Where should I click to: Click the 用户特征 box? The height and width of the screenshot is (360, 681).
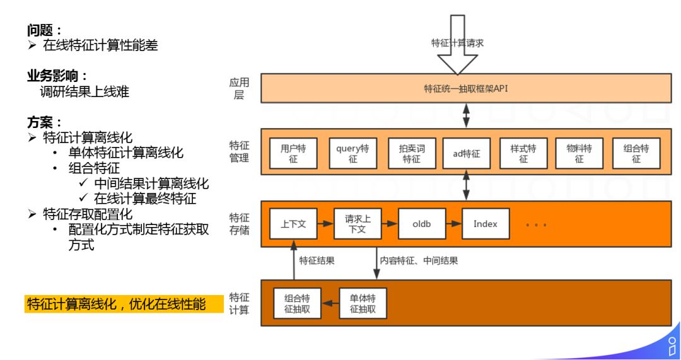[x=293, y=153]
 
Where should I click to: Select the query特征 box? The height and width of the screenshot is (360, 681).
[x=352, y=153]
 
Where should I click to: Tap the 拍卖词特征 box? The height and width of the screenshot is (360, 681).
[x=412, y=153]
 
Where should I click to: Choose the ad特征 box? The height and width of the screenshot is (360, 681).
[x=467, y=153]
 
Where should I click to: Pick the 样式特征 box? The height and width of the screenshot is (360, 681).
[x=523, y=153]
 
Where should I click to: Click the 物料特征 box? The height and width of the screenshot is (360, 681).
[x=579, y=153]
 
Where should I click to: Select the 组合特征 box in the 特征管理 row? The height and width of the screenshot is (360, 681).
[x=636, y=153]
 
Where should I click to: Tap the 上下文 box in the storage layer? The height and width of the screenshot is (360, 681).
[x=293, y=224]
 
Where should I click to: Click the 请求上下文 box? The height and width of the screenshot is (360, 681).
[x=358, y=224]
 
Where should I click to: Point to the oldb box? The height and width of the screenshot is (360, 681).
[x=421, y=224]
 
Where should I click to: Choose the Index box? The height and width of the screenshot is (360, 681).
[x=485, y=224]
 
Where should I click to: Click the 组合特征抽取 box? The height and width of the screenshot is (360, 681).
[x=297, y=304]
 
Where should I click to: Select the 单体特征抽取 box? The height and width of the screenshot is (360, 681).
[x=363, y=304]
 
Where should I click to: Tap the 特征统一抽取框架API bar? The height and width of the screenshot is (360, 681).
[x=466, y=88]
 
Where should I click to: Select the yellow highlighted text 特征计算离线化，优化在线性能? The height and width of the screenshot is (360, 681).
[x=124, y=304]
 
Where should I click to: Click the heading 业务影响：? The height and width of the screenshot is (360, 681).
[x=57, y=76]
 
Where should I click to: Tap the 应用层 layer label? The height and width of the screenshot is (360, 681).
[x=239, y=88]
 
